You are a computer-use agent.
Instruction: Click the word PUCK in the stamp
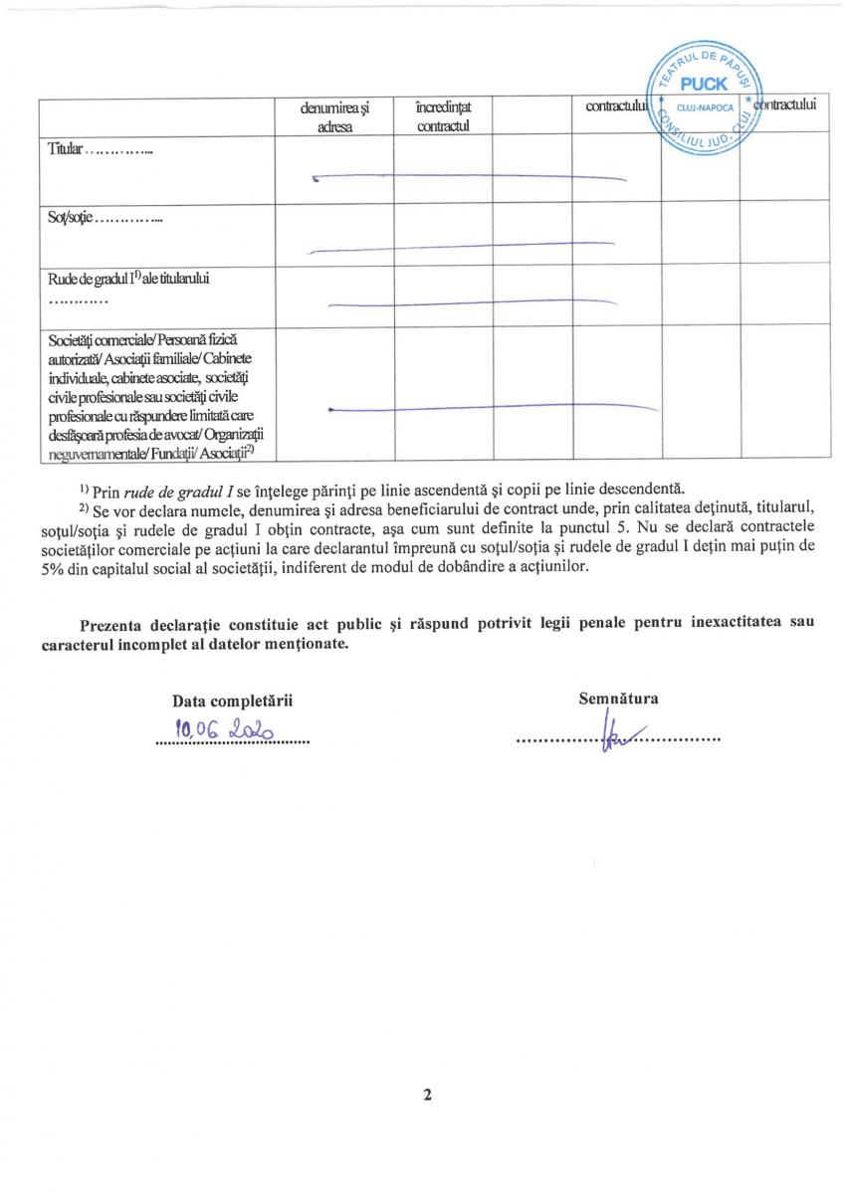(x=704, y=85)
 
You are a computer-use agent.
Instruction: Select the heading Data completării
(x=233, y=701)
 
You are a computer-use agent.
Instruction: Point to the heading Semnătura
(x=618, y=698)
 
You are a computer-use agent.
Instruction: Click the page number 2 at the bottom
(x=427, y=1096)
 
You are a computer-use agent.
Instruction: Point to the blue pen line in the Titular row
(x=468, y=177)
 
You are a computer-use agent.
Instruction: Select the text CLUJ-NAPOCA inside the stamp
(x=704, y=106)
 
